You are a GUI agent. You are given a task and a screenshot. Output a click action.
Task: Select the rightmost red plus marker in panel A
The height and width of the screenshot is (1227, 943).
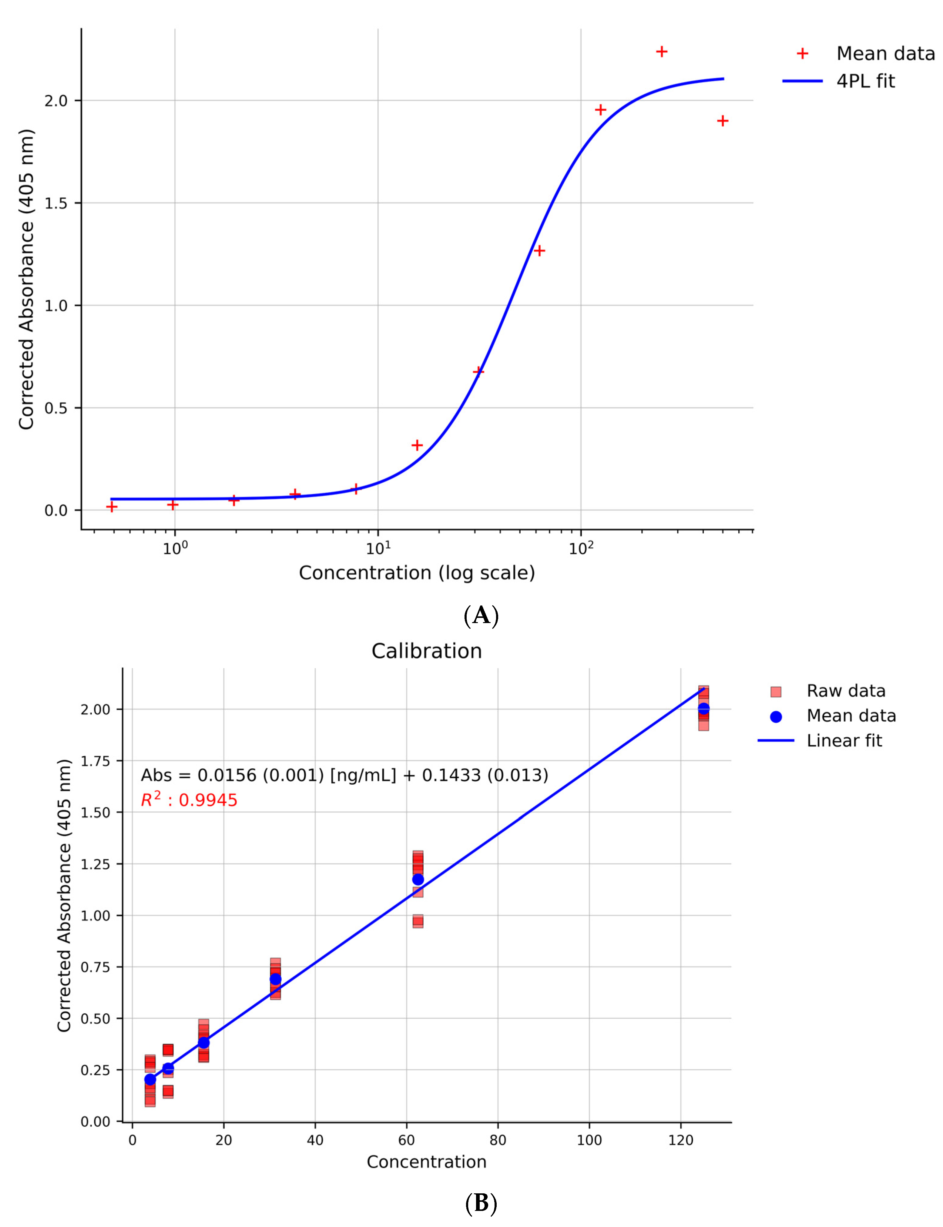722,121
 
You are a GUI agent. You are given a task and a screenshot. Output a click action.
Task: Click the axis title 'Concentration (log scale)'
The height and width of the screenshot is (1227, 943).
417,572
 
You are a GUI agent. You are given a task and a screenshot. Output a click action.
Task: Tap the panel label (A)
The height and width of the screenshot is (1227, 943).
481,616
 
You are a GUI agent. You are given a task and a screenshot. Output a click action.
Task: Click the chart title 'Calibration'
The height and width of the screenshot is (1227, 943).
427,651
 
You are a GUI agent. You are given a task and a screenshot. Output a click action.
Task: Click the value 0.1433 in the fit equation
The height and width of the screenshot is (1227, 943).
451,775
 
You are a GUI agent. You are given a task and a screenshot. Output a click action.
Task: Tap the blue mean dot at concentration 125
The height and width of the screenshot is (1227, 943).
703,709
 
